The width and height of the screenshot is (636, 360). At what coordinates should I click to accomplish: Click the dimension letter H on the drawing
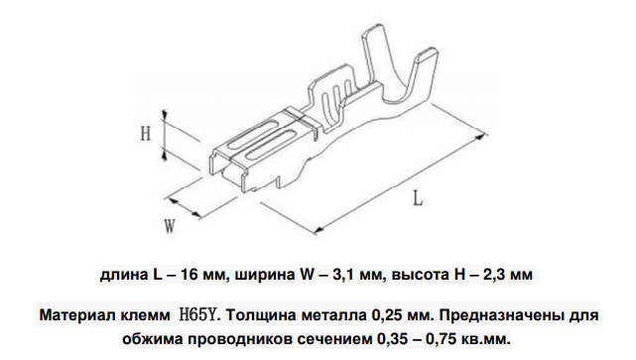(x=146, y=133)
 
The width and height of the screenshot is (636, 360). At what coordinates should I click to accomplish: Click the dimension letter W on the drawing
(x=170, y=226)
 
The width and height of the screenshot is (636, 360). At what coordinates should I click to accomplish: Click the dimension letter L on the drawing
(x=418, y=198)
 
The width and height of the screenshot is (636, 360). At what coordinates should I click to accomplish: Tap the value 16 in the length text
(x=191, y=275)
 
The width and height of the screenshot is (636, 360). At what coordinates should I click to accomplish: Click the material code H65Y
(x=197, y=314)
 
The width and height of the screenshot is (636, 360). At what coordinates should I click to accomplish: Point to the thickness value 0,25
(x=386, y=315)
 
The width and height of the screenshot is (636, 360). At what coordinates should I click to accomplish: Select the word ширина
(x=265, y=276)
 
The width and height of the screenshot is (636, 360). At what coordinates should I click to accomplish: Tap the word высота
(x=421, y=275)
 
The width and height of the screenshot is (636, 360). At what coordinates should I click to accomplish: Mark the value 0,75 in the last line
(x=440, y=339)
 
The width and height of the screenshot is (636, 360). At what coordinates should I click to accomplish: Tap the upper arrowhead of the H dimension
(x=165, y=116)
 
